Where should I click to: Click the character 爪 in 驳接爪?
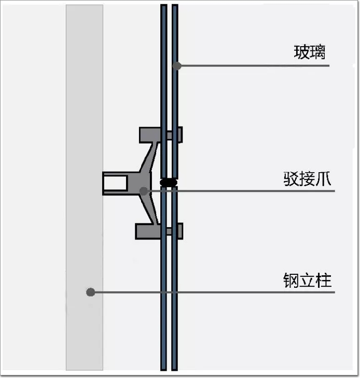(x=324, y=180)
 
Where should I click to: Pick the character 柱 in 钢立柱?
(x=324, y=281)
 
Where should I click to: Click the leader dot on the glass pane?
(x=177, y=66)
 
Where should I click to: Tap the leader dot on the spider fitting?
(x=144, y=191)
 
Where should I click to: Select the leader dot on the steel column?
(x=90, y=292)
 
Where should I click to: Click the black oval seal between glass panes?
(x=168, y=183)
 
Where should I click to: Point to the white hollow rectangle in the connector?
(x=116, y=183)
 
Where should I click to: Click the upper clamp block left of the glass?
(x=149, y=135)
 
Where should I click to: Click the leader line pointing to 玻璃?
(x=254, y=66)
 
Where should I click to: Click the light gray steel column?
(x=84, y=104)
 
